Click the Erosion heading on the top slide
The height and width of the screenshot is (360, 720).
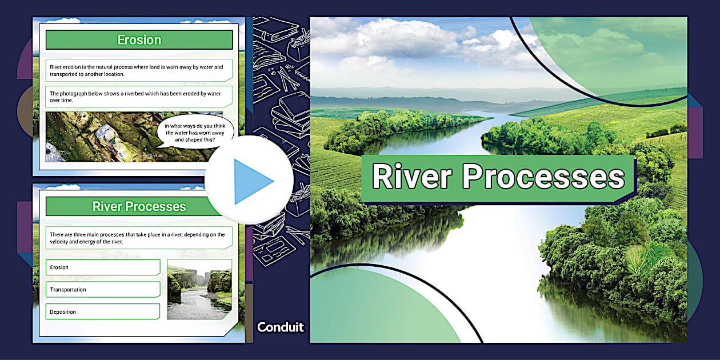139,40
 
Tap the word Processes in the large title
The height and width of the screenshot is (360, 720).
543,177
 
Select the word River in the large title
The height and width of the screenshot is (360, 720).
413,177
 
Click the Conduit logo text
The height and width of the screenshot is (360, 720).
281,327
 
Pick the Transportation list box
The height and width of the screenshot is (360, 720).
103,290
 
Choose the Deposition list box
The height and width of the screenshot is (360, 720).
103,312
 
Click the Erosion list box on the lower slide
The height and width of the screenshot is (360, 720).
103,267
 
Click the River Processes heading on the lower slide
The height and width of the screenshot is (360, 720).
139,206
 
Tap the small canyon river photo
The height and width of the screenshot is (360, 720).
199,289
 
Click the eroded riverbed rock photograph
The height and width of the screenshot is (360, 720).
103,137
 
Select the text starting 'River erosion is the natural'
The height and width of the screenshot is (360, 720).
136,70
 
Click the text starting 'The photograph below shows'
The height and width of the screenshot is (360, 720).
136,97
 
